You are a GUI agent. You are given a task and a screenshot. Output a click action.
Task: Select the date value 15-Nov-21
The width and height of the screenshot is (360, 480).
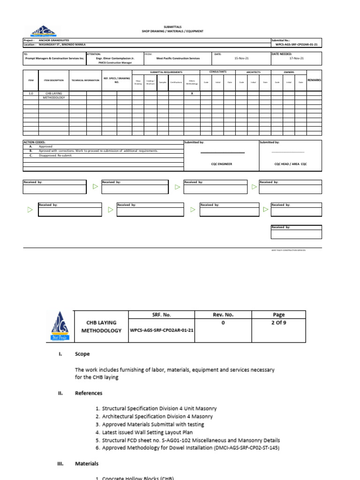coord(241,59)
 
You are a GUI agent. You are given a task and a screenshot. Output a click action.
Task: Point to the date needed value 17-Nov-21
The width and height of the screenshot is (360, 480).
coord(296,59)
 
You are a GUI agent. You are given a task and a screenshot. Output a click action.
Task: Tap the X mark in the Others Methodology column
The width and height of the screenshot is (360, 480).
coord(191,93)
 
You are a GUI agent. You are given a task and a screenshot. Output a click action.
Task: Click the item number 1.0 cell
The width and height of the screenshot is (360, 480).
coord(31,93)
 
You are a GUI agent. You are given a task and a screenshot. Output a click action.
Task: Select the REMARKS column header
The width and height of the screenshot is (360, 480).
coord(314,80)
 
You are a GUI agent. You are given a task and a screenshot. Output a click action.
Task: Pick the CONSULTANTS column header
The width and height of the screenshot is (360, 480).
coord(218,72)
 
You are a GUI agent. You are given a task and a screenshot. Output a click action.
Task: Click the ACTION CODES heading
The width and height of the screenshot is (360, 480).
coord(35,142)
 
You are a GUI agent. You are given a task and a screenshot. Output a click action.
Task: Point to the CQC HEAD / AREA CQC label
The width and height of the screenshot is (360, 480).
coord(290,164)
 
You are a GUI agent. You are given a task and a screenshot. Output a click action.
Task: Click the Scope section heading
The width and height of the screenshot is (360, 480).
coord(82,354)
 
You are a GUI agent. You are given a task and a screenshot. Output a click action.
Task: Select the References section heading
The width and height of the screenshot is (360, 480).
coord(89,393)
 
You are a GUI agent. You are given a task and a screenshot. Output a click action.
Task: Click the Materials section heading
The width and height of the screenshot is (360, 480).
coord(87,464)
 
